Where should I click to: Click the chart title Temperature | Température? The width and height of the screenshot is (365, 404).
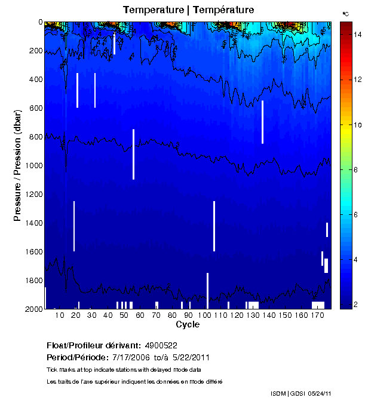point(188,10)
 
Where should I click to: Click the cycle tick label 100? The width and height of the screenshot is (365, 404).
point(204,315)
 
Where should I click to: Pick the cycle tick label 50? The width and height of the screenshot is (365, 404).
point(123,315)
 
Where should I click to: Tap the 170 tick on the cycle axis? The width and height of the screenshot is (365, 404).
point(317,315)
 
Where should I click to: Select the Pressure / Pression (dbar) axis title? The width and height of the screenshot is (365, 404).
point(18,165)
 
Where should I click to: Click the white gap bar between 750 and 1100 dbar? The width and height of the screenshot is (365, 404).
point(133,154)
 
